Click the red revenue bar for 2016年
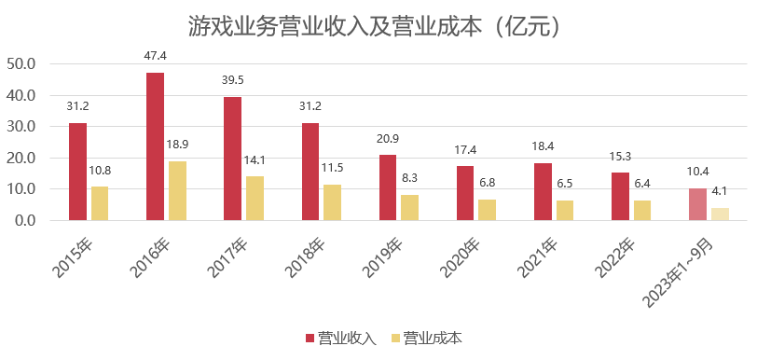(156, 146)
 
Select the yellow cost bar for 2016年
(177, 191)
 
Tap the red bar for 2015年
(77, 172)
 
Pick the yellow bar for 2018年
(333, 202)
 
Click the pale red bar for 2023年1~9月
(697, 204)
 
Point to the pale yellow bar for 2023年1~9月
(720, 215)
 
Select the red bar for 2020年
(465, 193)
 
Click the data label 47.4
(156, 56)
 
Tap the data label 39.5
(233, 80)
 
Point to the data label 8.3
(410, 176)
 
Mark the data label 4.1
(720, 191)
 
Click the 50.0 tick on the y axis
(21, 64)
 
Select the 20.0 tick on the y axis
(21, 159)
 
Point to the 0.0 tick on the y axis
(24, 221)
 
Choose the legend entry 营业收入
(340, 338)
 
